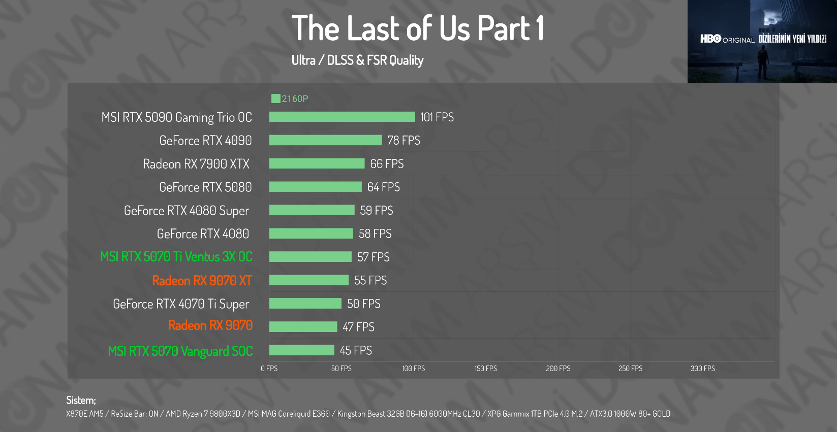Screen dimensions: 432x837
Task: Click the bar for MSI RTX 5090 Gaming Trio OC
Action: tap(342, 117)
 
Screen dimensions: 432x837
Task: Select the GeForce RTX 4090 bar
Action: tap(325, 140)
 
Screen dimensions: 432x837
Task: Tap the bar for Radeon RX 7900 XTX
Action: tap(317, 163)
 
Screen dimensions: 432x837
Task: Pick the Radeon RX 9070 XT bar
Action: tap(308, 280)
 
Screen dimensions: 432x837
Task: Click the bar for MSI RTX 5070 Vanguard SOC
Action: tap(301, 350)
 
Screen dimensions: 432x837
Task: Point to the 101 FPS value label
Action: tap(437, 117)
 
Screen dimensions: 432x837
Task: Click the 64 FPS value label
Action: tap(383, 187)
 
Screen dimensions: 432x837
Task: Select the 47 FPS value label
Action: tap(358, 327)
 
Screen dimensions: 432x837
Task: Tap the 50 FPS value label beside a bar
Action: tap(363, 304)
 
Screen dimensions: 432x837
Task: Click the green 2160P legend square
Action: tap(276, 98)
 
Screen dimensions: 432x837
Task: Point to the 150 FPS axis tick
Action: tap(486, 369)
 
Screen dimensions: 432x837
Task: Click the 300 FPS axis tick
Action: tap(702, 369)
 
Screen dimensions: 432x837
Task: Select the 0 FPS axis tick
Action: tap(269, 369)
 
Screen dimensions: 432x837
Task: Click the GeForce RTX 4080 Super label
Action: tap(187, 211)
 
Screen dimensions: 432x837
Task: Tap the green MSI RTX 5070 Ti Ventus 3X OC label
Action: tap(176, 257)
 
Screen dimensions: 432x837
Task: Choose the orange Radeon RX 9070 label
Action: tap(210, 325)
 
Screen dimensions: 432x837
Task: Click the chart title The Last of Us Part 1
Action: tap(418, 28)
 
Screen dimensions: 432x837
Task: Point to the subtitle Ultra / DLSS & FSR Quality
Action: tap(357, 60)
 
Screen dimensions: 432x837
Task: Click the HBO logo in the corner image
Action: tap(711, 39)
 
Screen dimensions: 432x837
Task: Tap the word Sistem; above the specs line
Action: tap(81, 400)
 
